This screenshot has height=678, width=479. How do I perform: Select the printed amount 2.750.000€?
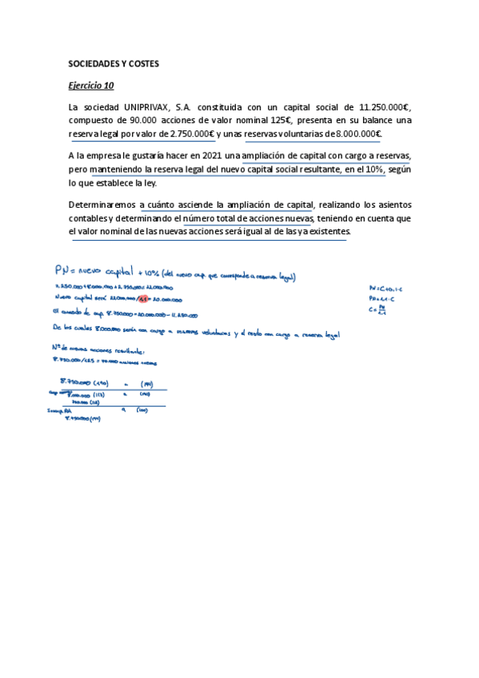coord(192,134)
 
